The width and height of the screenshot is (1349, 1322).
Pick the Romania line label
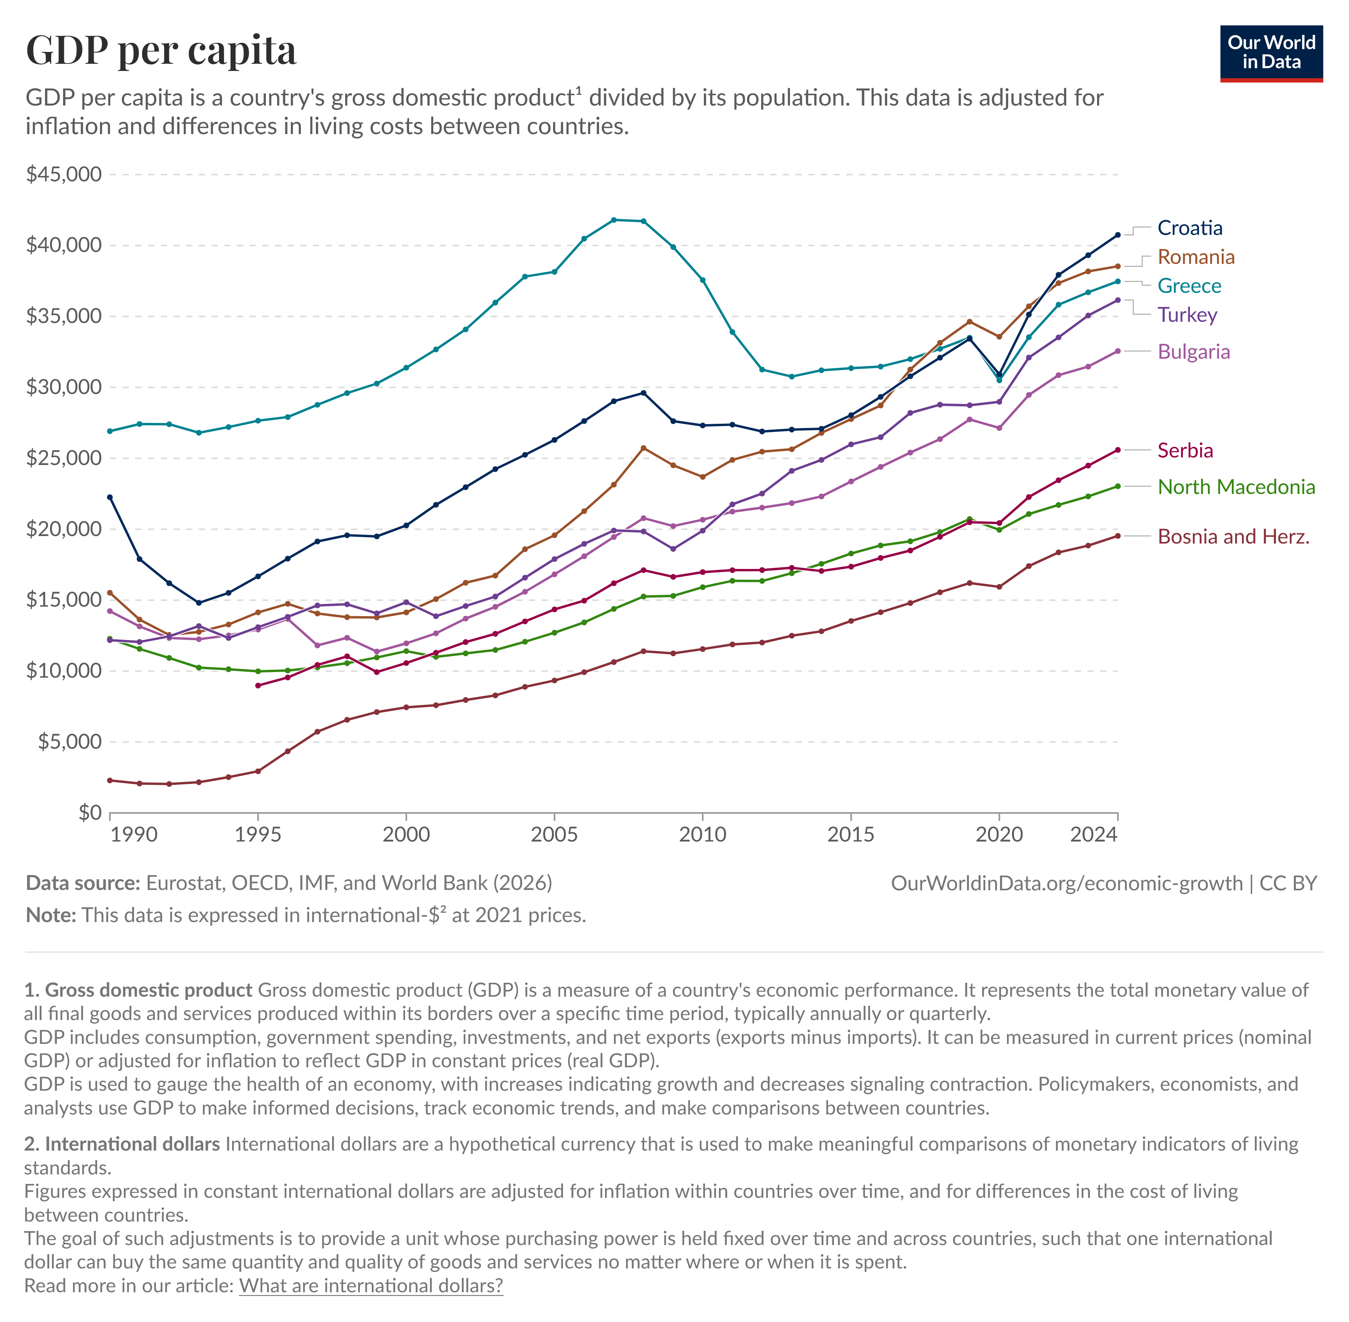click(x=1195, y=257)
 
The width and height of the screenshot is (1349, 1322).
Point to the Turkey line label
click(x=1187, y=315)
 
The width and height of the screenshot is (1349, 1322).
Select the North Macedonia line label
click(x=1236, y=487)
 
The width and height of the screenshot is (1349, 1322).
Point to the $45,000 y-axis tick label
click(x=64, y=174)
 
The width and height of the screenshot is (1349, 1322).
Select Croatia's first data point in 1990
click(x=110, y=497)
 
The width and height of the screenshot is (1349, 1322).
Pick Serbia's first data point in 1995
click(x=258, y=685)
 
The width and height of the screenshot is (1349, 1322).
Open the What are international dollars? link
click(x=371, y=1286)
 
